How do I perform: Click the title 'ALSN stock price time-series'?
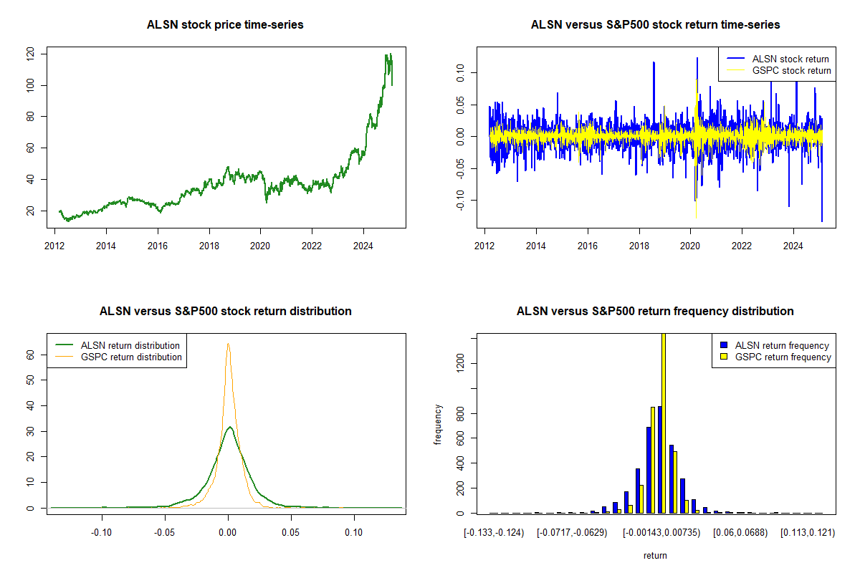225,24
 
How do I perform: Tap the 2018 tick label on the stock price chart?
209,246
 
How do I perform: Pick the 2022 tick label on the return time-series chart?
741,246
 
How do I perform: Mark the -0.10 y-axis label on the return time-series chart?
460,201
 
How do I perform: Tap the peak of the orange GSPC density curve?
228,344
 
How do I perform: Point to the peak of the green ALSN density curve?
230,427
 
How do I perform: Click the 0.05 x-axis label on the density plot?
291,532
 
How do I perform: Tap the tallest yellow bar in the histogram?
664,423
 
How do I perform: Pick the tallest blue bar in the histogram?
659,460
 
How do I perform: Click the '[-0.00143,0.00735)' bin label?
661,533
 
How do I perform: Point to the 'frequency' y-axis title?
437,425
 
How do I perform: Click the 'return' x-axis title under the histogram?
655,555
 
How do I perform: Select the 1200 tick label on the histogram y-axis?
460,363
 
